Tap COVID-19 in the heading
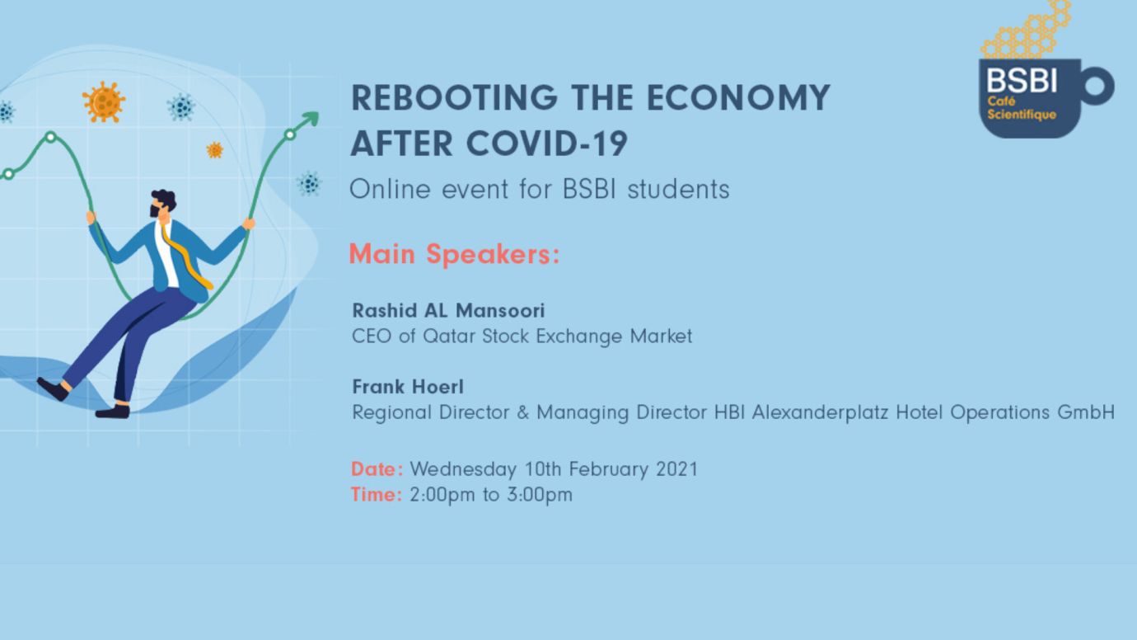pyautogui.click(x=547, y=144)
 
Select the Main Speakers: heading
pyautogui.click(x=454, y=253)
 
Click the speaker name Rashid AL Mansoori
pyautogui.click(x=448, y=310)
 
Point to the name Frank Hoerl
pyautogui.click(x=408, y=387)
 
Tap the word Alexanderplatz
pyautogui.click(x=820, y=412)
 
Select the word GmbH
pyautogui.click(x=1086, y=412)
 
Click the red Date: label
pyautogui.click(x=377, y=468)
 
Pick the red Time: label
pyautogui.click(x=377, y=494)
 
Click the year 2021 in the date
pyautogui.click(x=676, y=468)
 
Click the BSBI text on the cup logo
pyautogui.click(x=1022, y=81)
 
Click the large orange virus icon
pyautogui.click(x=104, y=102)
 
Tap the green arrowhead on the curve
pyautogui.click(x=310, y=119)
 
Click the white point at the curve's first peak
pyautogui.click(x=50, y=137)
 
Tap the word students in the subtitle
pyautogui.click(x=678, y=189)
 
